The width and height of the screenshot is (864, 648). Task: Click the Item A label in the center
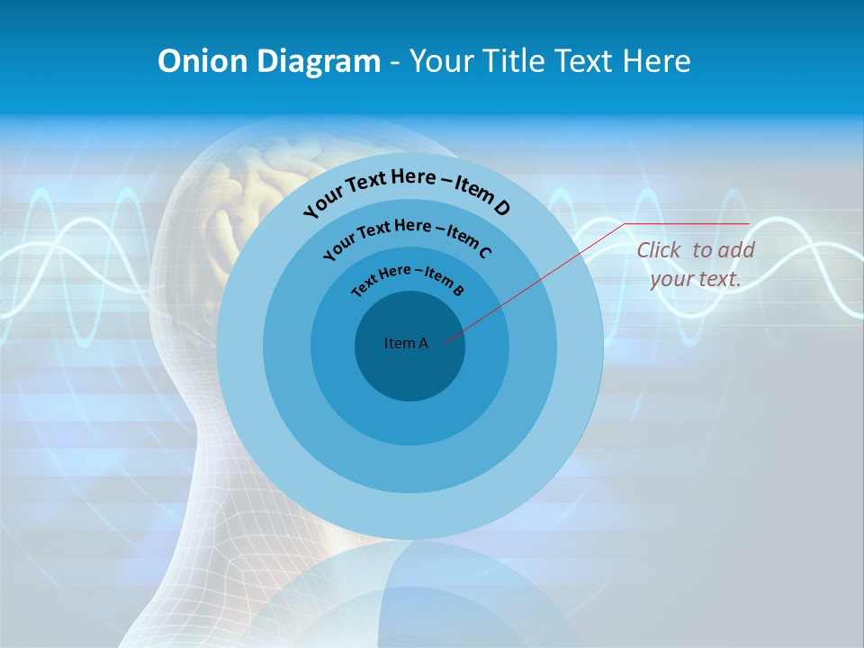(406, 343)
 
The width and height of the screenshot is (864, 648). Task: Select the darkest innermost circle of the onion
(409, 369)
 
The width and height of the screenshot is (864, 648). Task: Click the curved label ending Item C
(407, 235)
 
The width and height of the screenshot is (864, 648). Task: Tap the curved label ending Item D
(407, 189)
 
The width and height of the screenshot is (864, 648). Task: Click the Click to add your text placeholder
(696, 265)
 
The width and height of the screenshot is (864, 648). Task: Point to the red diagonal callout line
(540, 280)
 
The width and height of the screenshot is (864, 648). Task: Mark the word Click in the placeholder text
(660, 250)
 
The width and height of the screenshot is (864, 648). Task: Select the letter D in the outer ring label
(501, 208)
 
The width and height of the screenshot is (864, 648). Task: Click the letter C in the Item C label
(484, 252)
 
